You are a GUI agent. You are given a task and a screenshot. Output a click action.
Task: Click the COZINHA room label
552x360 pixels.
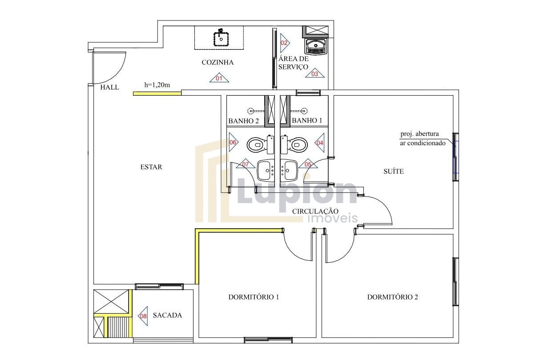pos(218,62)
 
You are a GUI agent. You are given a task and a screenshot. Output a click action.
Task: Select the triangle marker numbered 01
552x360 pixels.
pos(219,78)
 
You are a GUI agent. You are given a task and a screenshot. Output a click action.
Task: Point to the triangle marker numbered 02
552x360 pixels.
pos(285,43)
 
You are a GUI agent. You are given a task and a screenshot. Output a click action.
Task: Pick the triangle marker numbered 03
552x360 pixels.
pos(314,73)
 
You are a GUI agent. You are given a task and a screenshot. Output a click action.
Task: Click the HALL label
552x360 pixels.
pos(110,87)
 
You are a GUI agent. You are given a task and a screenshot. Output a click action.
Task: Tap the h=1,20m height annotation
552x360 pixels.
pos(157,85)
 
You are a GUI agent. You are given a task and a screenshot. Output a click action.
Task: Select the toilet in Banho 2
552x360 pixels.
pos(260,145)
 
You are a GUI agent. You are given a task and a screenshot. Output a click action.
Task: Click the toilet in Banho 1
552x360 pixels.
pos(294,145)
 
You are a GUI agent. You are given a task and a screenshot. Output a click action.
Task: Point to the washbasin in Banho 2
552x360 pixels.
pos(266,170)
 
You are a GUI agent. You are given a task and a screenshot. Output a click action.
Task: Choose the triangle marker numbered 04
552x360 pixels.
pos(320,142)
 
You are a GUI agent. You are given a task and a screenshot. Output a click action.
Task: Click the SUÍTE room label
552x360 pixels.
pos(394,171)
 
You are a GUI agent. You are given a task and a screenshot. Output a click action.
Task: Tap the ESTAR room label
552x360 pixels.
pos(151,167)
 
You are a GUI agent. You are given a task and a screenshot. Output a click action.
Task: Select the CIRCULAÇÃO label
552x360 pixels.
pos(315,211)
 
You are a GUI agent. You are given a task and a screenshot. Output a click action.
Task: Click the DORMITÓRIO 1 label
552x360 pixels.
pos(254,297)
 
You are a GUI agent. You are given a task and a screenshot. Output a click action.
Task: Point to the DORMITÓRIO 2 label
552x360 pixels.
pos(393,297)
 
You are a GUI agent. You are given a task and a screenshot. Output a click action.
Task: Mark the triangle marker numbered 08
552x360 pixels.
pos(143,316)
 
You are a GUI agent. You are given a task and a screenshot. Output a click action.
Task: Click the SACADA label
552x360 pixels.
pos(167,316)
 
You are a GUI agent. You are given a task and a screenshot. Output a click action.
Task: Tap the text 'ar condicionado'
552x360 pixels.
pos(423,143)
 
